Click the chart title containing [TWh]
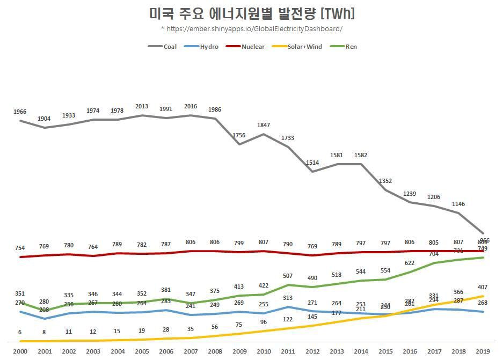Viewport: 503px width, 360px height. coord(251,13)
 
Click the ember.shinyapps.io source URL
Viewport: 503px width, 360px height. coord(251,28)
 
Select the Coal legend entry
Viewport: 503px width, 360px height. coord(163,47)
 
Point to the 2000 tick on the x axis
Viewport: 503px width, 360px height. coord(20,351)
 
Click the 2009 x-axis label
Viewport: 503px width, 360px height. coord(239,351)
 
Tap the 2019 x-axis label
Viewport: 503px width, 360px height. coord(483,351)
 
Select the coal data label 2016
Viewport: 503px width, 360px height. coord(191,106)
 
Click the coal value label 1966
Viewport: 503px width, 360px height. coord(20,112)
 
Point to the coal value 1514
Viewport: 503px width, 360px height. coord(312,163)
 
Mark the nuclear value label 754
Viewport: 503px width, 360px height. coord(20,248)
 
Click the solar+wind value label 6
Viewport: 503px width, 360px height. coord(20,332)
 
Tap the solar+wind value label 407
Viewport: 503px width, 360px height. coord(483,287)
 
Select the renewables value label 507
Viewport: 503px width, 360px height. coord(288,276)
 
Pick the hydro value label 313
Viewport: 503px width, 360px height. coord(288,298)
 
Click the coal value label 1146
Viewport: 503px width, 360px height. coord(458,204)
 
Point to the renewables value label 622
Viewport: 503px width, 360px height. coord(410,263)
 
